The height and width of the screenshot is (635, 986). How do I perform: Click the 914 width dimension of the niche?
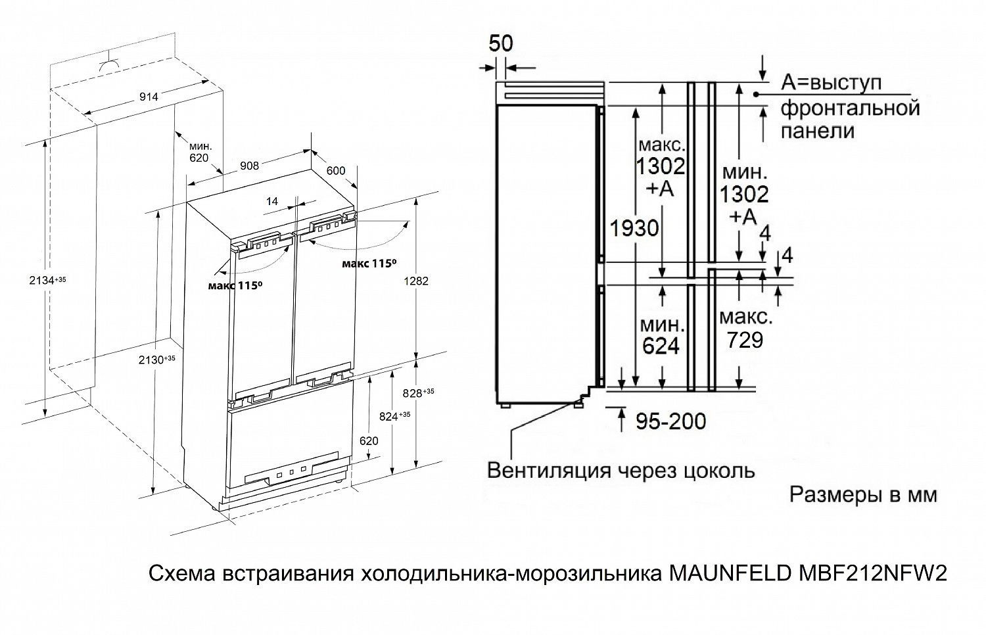[x=149, y=97]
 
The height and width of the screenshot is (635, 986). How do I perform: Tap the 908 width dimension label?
[x=250, y=166]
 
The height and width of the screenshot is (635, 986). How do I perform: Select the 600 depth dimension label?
[x=336, y=171]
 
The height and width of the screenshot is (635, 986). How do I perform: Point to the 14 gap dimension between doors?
[x=272, y=202]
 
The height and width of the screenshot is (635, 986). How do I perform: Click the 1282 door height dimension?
[x=416, y=281]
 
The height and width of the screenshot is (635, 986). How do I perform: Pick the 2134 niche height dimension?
[x=47, y=280]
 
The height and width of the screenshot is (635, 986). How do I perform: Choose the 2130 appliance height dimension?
[x=156, y=360]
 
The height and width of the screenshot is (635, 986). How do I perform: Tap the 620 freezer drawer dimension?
[x=369, y=441]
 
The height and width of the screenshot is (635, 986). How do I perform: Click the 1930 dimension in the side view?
[x=634, y=228]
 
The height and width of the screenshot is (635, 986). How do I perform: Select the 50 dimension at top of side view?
[x=501, y=43]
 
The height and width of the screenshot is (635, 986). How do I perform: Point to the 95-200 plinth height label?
[x=671, y=421]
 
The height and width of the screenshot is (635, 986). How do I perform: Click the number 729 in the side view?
[x=745, y=340]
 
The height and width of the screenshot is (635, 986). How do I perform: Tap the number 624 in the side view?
[x=661, y=346]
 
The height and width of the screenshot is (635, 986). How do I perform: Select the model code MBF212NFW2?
[x=872, y=573]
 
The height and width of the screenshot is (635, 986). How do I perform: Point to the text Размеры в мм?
[x=863, y=495]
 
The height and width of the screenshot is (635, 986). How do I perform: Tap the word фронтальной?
[x=851, y=108]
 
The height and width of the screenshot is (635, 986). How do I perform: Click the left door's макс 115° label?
[x=235, y=286]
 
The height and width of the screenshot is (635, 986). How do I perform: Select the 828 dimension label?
[x=418, y=393]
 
